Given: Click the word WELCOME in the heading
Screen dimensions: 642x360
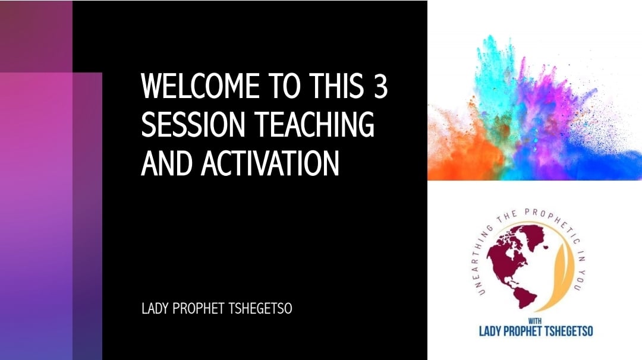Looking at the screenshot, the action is click(x=200, y=86).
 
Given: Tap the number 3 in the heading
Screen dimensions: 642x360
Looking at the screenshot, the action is click(x=380, y=86).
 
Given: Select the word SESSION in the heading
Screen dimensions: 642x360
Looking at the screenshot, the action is click(x=193, y=124).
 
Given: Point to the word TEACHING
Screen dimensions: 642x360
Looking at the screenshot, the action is click(x=314, y=124).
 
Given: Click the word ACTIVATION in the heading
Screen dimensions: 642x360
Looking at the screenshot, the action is click(x=270, y=163).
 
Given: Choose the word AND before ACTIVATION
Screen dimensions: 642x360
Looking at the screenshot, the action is click(x=166, y=163).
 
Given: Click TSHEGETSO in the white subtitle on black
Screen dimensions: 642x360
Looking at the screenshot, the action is click(x=260, y=308).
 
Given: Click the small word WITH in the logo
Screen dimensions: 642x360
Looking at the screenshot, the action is click(x=535, y=321).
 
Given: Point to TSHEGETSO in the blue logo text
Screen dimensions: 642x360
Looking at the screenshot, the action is click(x=569, y=331).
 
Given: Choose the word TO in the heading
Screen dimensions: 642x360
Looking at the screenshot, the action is click(x=284, y=86).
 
